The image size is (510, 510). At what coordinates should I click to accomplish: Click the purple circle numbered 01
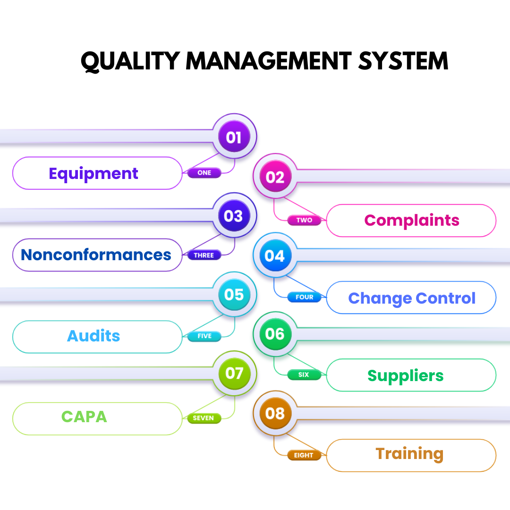(234, 137)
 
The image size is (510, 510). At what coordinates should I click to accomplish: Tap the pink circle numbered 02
(275, 177)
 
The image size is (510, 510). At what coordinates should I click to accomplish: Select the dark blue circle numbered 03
(234, 216)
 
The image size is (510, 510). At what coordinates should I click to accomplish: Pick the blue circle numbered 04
(275, 256)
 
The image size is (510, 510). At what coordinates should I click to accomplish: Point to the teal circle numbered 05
(234, 295)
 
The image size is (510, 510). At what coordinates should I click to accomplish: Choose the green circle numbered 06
(275, 334)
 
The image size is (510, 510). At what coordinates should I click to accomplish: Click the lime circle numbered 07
(234, 374)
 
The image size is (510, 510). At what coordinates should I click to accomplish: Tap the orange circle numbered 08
(275, 414)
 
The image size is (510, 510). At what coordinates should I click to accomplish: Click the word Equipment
(93, 174)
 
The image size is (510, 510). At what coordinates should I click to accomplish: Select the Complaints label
(412, 221)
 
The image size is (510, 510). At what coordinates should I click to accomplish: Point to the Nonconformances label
(96, 255)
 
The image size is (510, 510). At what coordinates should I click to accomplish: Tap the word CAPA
(84, 417)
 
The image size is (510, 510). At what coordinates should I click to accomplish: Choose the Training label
(409, 454)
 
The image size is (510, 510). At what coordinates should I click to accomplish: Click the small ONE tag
(204, 173)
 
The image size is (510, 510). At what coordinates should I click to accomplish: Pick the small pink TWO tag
(304, 220)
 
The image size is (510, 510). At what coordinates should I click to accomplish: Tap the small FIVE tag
(204, 336)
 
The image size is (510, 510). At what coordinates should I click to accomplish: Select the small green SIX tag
(304, 374)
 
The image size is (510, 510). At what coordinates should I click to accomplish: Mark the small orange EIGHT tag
(304, 455)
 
